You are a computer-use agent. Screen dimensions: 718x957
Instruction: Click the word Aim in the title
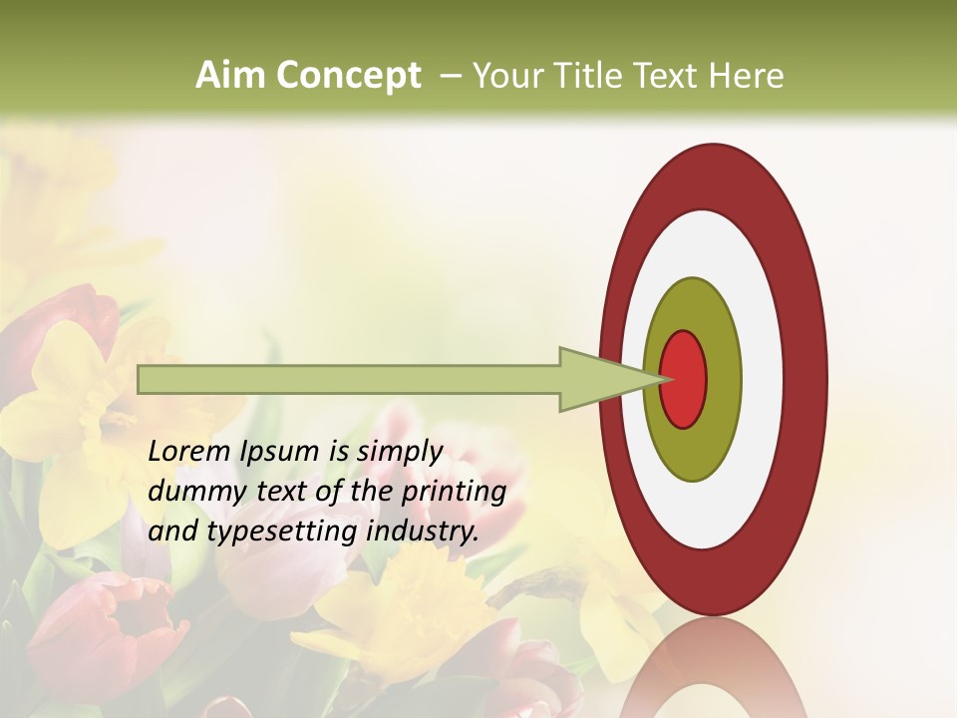click(231, 76)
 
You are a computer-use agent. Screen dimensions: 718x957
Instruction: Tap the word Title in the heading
click(584, 76)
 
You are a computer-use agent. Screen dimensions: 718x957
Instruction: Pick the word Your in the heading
click(506, 76)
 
